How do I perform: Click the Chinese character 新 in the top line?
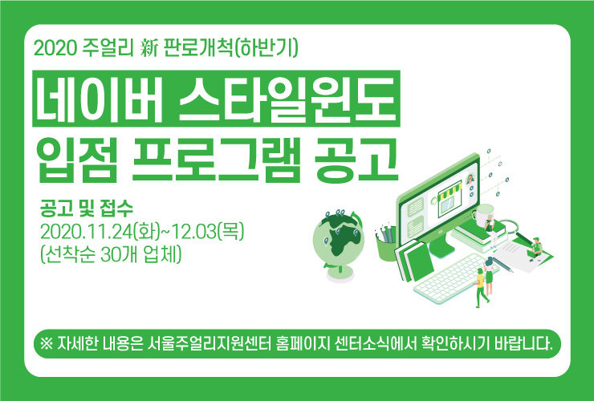[148, 48]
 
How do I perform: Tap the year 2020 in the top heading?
[55, 48]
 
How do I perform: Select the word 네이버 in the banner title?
[100, 99]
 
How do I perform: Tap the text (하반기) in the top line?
[266, 48]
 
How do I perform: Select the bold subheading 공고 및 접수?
[87, 208]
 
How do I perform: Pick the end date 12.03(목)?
[208, 231]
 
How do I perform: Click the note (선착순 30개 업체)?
[111, 254]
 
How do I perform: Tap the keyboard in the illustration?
[454, 278]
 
